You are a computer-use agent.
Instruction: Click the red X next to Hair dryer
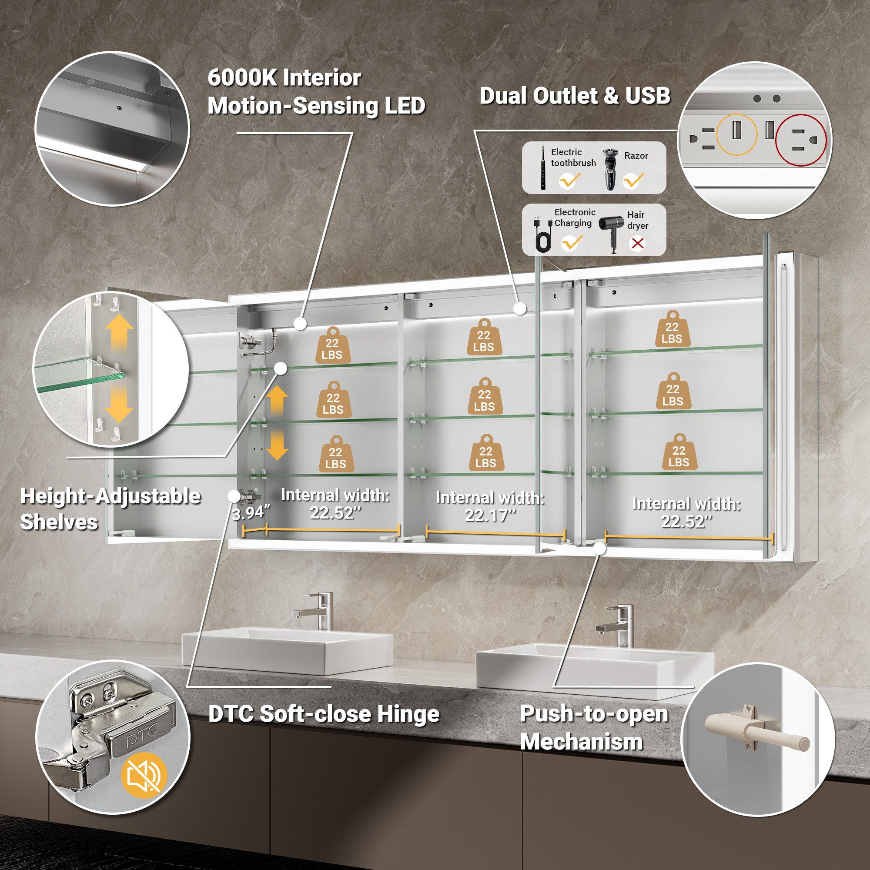[638, 244]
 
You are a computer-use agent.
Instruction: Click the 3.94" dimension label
[251, 513]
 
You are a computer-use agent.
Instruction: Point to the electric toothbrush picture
[543, 168]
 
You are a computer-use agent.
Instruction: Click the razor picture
[610, 169]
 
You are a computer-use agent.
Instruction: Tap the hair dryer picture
[612, 232]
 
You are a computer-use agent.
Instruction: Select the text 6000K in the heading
[242, 78]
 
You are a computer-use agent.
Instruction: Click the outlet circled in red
[801, 140]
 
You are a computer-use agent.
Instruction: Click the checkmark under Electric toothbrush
[570, 181]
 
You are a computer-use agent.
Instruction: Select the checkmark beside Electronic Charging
[572, 243]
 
